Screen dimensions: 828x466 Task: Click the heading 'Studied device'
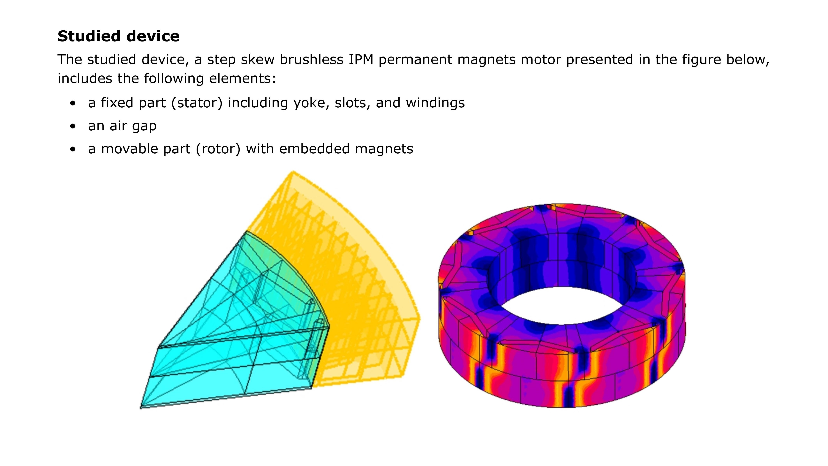tap(118, 36)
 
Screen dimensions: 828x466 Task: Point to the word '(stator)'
tap(197, 103)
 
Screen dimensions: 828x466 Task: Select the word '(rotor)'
tap(218, 149)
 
